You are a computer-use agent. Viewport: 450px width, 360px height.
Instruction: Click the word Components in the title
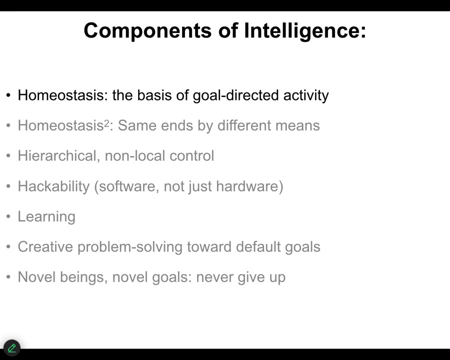(x=147, y=31)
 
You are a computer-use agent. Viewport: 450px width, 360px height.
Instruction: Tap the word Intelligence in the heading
(x=305, y=31)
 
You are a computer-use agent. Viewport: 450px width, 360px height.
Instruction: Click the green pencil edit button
(x=12, y=348)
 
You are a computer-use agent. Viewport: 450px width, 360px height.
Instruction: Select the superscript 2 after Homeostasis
(x=106, y=123)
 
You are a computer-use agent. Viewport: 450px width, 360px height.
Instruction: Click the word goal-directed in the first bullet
(x=235, y=95)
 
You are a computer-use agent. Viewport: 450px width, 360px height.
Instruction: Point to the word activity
(x=306, y=95)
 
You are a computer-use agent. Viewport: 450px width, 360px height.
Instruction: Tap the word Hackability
(x=53, y=186)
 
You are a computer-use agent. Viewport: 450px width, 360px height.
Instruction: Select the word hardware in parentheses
(x=247, y=186)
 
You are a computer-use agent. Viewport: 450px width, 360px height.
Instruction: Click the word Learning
(x=46, y=216)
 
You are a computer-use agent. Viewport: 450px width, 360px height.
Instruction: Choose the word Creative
(x=45, y=247)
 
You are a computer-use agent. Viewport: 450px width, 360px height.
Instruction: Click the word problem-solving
(x=130, y=247)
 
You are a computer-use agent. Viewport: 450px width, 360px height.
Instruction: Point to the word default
(x=258, y=247)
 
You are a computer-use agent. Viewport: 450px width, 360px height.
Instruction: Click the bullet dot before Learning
(x=8, y=216)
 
